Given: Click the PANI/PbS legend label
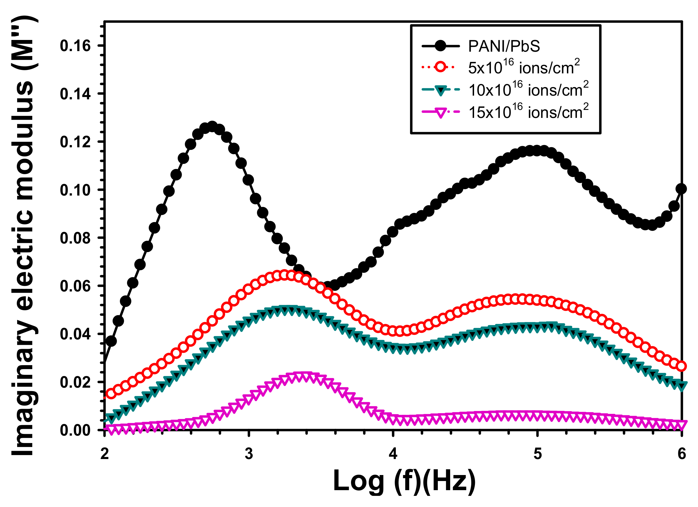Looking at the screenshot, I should (x=504, y=47).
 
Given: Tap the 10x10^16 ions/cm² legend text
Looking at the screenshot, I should (x=528, y=90).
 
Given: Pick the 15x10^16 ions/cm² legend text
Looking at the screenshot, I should (x=528, y=112).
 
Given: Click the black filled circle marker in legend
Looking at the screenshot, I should (x=440, y=47).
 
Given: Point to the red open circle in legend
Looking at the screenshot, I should (x=440, y=67).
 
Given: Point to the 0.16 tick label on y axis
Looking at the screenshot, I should (x=75, y=46).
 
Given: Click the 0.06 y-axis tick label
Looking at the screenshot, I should (x=75, y=286).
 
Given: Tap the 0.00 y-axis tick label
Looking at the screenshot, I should (x=75, y=430).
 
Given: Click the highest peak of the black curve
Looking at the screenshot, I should (x=212, y=126).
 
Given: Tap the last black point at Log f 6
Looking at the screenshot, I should (x=681, y=189).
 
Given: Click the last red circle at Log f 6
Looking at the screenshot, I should (x=681, y=366).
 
